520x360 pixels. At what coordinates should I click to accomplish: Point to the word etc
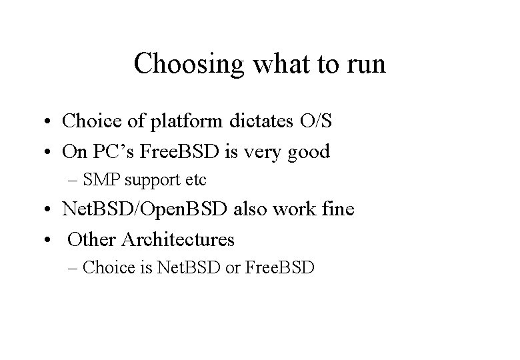pos(193,180)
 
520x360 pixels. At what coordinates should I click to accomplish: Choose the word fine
pos(337,210)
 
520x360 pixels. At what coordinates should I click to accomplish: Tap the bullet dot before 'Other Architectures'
pos(51,239)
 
